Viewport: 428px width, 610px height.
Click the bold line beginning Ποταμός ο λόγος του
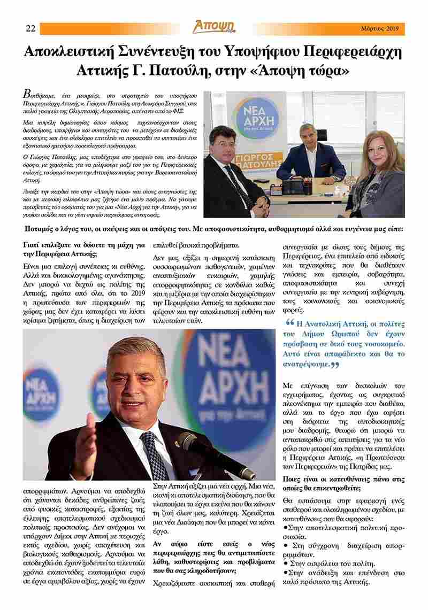[x=214, y=229]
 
